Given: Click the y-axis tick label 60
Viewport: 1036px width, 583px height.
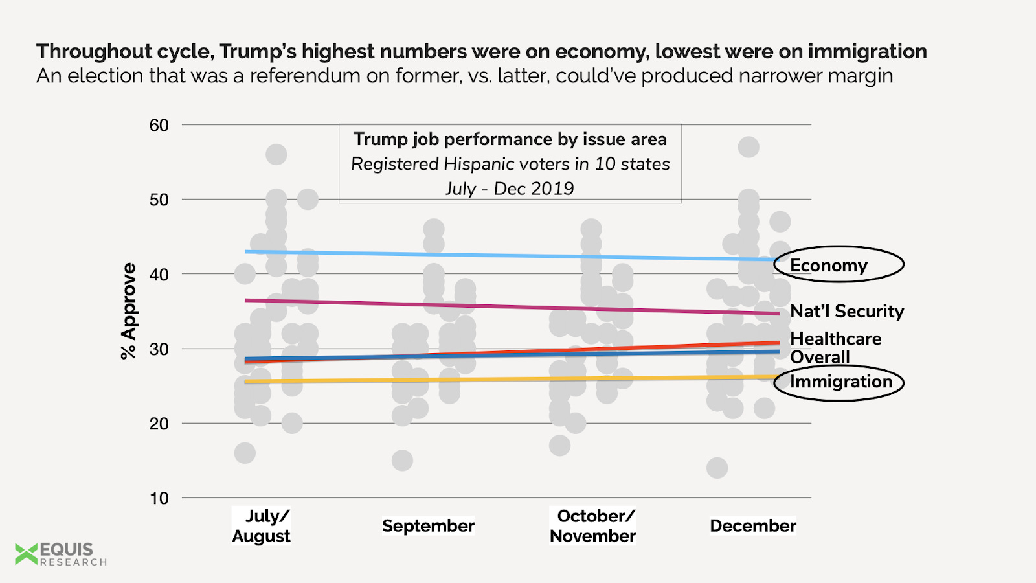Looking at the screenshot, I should pos(159,125).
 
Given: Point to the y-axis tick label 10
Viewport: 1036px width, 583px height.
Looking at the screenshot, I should pos(159,498).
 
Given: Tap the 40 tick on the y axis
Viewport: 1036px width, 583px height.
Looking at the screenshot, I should pos(159,274).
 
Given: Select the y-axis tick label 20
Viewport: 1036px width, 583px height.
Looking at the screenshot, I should pos(159,424).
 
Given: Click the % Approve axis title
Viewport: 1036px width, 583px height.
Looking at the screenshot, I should pos(129,310).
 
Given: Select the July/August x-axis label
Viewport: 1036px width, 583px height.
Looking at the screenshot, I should pos(262,525).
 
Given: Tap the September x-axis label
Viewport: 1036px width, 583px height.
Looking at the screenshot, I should pos(428,525).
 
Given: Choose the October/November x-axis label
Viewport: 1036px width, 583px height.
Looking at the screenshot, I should pos(592,525).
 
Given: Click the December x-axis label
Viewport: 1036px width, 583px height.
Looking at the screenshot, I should pos(752,525).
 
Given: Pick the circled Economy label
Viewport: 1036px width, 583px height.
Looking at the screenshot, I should pos(829,265).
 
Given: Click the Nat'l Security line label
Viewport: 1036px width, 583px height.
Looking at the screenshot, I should pos(846,311).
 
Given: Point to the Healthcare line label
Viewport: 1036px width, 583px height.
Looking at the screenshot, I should pos(835,339).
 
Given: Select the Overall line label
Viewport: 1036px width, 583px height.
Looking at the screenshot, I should pos(820,357).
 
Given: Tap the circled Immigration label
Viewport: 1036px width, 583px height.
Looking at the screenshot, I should pos(840,382).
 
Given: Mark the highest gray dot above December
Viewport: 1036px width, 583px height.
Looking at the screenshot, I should pos(749,147).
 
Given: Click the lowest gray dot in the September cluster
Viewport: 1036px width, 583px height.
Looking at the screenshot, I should pos(402,461).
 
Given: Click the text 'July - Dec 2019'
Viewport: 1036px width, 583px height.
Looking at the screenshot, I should pos(510,189).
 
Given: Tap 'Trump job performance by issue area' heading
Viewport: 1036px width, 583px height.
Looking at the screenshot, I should pos(510,139).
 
